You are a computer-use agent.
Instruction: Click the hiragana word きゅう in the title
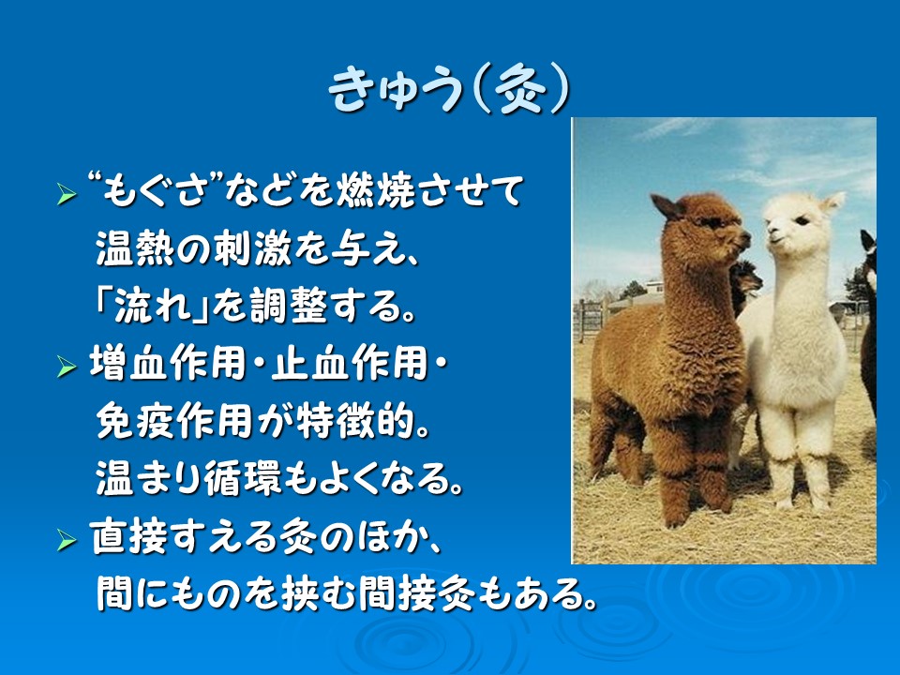coord(396,90)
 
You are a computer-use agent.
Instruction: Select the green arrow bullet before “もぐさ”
coord(67,195)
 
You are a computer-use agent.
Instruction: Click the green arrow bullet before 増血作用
coord(67,367)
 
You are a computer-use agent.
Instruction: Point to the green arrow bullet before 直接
coord(67,540)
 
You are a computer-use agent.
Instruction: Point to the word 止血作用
coord(349,364)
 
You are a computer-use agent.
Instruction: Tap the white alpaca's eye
coord(802,219)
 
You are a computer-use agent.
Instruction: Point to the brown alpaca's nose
coord(745,236)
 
